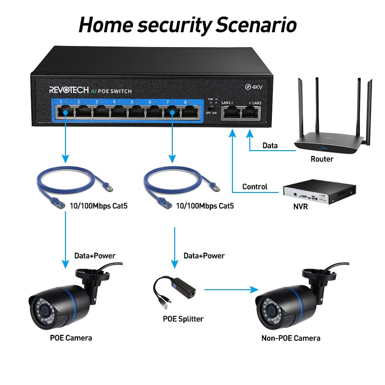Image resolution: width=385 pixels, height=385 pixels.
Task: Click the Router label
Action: [x=322, y=159]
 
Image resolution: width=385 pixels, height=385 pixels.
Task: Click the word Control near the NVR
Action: [x=255, y=187]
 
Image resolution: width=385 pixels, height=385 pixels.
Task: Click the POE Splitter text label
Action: [x=183, y=319]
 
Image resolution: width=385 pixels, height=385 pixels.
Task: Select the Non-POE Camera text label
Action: [x=291, y=338]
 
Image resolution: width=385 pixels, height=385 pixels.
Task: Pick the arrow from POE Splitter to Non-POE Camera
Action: [x=229, y=289]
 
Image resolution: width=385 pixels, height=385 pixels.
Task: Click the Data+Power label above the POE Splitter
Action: [x=204, y=256]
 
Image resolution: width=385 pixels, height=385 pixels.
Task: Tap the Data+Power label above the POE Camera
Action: [x=95, y=256]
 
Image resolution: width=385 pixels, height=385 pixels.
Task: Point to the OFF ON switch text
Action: [x=211, y=113]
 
